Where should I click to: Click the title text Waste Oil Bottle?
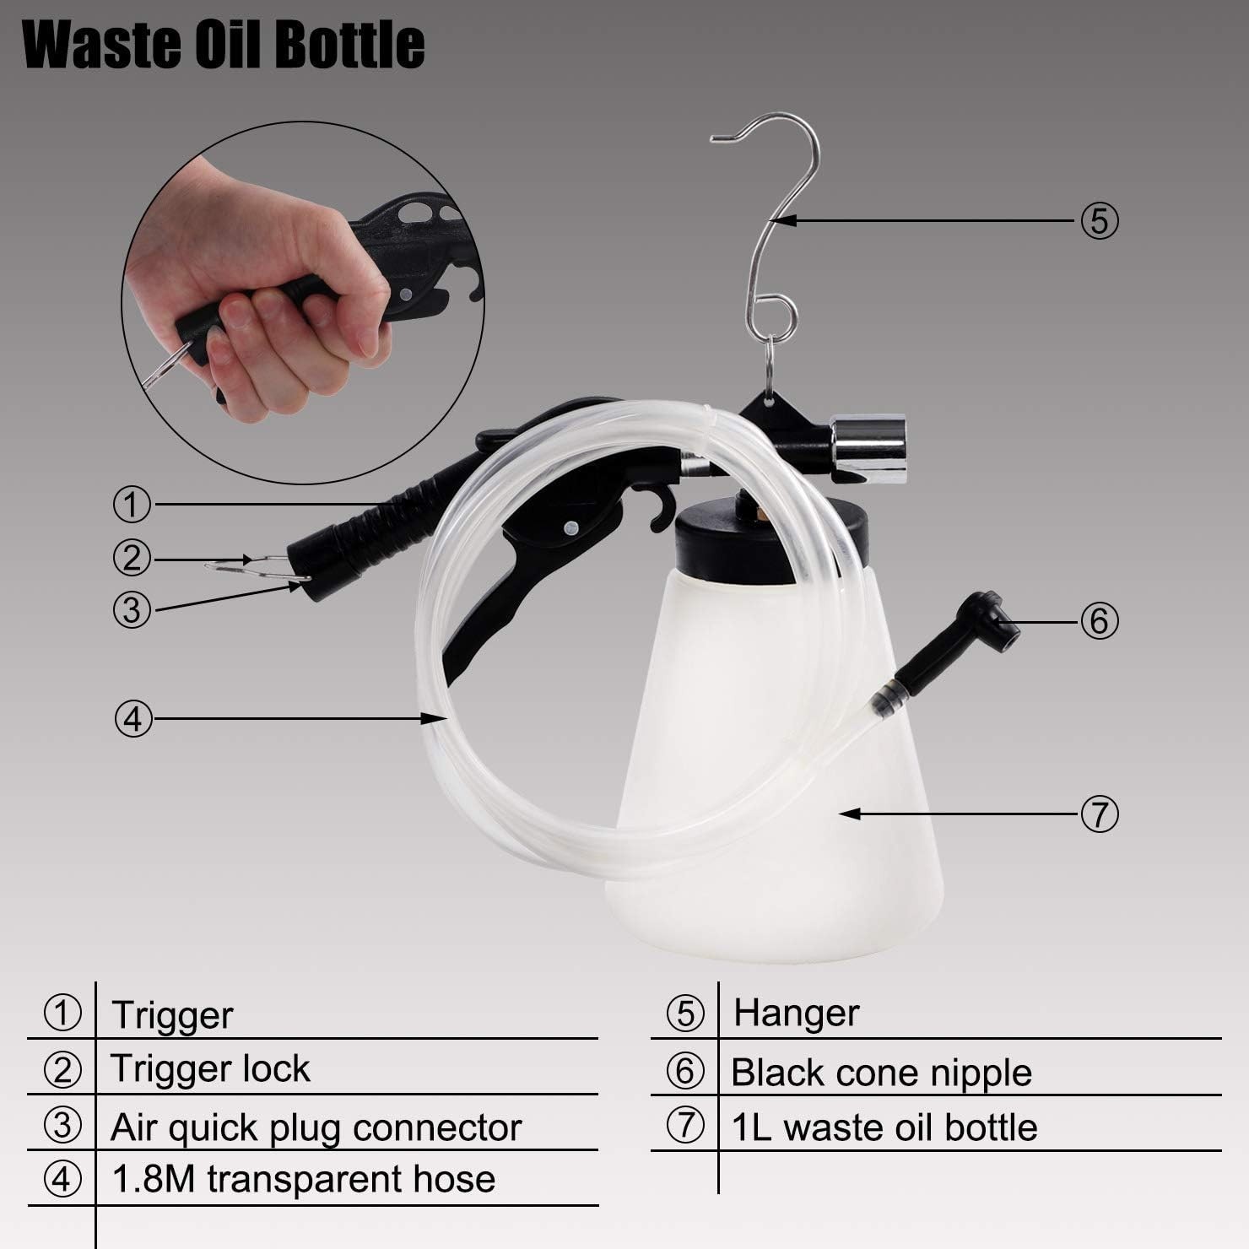tap(224, 45)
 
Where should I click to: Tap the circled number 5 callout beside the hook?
tap(1099, 221)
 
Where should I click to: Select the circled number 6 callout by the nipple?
tap(1099, 621)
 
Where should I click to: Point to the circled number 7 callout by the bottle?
tap(1099, 814)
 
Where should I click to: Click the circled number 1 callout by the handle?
tap(132, 505)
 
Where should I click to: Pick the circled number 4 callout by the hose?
tap(132, 719)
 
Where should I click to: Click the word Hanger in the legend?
tap(796, 1013)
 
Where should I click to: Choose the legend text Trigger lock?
tap(211, 1069)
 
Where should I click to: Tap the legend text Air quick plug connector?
tap(316, 1127)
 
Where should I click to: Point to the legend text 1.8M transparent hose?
tap(304, 1179)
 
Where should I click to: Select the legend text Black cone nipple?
tap(882, 1073)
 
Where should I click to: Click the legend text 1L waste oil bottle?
tap(884, 1127)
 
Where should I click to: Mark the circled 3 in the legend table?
tap(62, 1127)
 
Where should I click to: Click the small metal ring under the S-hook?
tap(771, 359)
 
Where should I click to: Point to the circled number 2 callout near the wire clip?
tap(132, 558)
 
